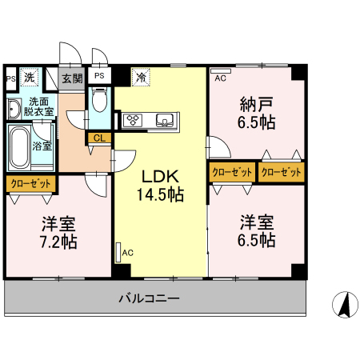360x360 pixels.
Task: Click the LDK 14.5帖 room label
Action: pos(160,186)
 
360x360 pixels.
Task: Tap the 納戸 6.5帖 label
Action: pos(256,114)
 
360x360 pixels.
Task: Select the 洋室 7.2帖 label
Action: pos(58,233)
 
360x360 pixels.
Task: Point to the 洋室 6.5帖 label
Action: pos(256,231)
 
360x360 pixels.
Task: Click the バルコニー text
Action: pos(149,298)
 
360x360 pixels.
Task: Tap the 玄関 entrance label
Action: pos(72,78)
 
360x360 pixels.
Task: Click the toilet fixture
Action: pos(99,100)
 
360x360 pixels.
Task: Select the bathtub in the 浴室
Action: pos(19,147)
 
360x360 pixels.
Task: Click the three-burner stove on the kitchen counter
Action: pos(132,120)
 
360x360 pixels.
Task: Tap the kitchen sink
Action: pos(166,120)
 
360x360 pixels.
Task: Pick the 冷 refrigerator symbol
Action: pos(141,78)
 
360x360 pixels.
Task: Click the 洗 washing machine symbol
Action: pos(30,78)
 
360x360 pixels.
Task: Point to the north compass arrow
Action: pos(345,305)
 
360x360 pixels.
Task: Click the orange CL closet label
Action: pos(99,138)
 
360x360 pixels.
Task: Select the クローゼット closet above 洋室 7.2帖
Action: pos(30,184)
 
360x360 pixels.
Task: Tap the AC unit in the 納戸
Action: pos(221,71)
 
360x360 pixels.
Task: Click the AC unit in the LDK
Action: pos(118,252)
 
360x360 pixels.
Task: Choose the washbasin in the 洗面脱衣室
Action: pos(14,109)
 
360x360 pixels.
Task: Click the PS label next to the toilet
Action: pos(99,76)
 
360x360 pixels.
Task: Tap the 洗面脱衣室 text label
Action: pos(38,106)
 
